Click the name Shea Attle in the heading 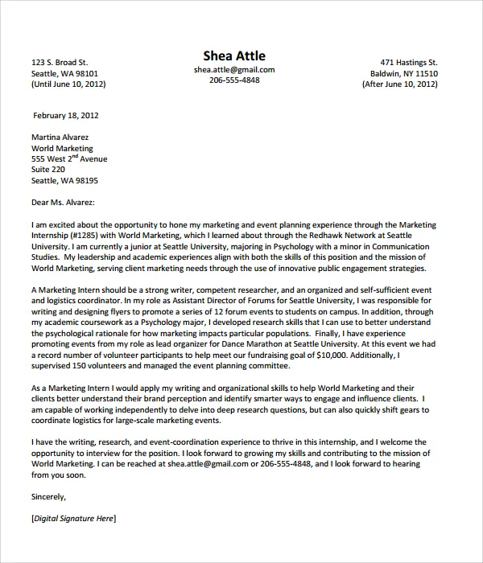pos(234,55)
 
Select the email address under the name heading pos(234,70)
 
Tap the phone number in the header pos(234,81)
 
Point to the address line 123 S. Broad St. pos(59,62)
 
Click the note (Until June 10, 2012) pos(68,84)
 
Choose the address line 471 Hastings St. pos(408,62)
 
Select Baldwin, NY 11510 pos(403,73)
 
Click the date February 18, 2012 pos(67,115)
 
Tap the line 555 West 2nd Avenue pos(68,159)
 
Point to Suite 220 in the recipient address pos(47,171)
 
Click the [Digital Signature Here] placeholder pos(73,519)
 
